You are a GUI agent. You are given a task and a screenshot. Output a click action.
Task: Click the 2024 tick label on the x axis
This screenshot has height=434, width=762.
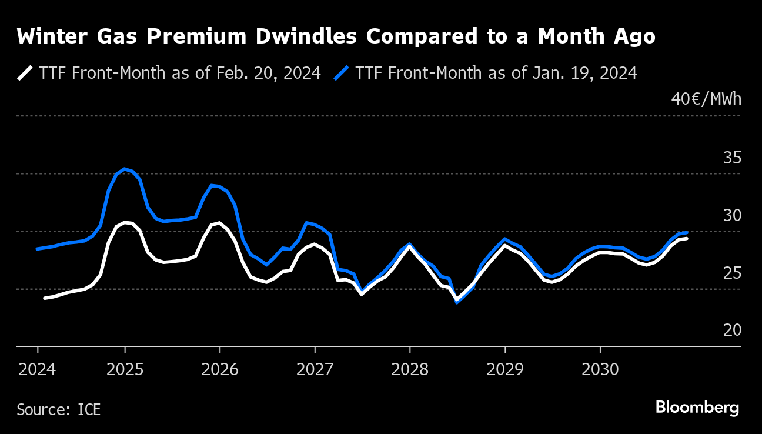coord(38,369)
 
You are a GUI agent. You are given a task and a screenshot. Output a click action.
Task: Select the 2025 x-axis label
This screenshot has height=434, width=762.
coord(125,369)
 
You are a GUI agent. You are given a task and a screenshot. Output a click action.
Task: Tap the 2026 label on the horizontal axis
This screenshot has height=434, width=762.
coord(219,369)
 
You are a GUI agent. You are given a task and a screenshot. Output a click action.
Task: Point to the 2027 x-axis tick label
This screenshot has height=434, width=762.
coord(315,369)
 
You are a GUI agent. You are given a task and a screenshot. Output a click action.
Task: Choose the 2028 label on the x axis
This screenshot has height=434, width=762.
coord(409,369)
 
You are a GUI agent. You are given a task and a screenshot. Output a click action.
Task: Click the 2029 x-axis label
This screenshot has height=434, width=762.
coord(504,369)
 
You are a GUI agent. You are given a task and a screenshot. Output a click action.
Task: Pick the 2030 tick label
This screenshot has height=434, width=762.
coord(600,369)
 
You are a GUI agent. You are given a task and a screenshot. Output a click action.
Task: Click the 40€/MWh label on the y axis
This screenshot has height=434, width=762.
coord(706,99)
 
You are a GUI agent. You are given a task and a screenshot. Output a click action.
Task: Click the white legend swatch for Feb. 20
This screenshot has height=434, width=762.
coord(25,73)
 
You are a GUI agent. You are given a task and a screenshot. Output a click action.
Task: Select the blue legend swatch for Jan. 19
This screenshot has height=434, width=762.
coord(342,73)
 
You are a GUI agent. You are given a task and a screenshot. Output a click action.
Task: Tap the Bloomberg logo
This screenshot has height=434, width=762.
coord(697,408)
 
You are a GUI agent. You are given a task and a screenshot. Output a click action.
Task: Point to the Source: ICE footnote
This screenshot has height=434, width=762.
coord(59,409)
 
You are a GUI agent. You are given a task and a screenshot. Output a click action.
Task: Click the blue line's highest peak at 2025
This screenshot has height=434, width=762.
coord(124,169)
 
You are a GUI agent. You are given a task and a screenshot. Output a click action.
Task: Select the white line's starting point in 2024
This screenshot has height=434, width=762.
coord(45,298)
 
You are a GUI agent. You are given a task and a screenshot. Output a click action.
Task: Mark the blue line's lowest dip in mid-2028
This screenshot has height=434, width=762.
coord(457,302)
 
